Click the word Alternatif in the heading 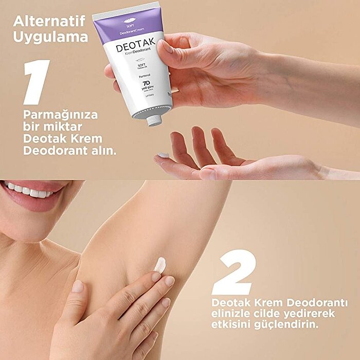coord(50,22)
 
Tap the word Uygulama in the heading coord(50,37)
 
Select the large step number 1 coord(37,82)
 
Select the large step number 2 coord(235,273)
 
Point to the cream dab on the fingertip coord(164,155)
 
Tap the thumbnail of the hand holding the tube coord(167,47)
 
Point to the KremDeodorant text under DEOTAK coord(135,59)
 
